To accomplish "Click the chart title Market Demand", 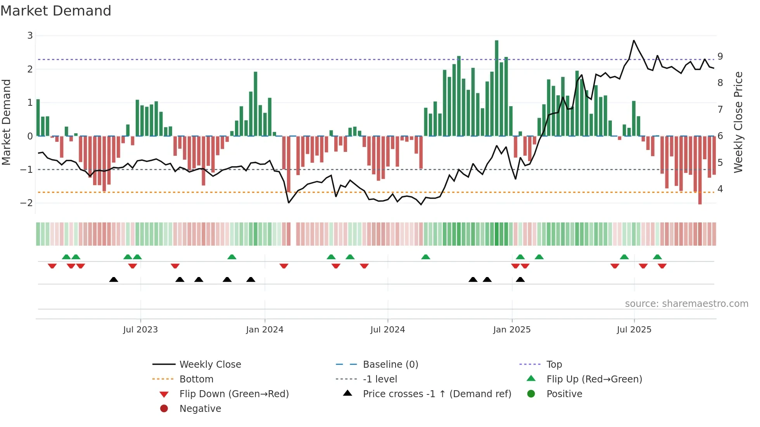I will pyautogui.click(x=56, y=11).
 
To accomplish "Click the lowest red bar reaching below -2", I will pyautogui.click(x=700, y=170).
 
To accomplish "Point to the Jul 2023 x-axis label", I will pyautogui.click(x=140, y=330).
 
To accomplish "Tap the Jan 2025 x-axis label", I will pyautogui.click(x=512, y=330).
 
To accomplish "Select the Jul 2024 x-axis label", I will pyautogui.click(x=387, y=330).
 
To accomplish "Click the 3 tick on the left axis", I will pyautogui.click(x=30, y=36).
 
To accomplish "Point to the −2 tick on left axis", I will pyautogui.click(x=27, y=203).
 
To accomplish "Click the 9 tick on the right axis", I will pyautogui.click(x=720, y=57).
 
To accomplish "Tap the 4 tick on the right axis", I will pyautogui.click(x=720, y=189).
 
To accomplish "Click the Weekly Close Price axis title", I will pyautogui.click(x=738, y=122).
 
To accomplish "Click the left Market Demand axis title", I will pyautogui.click(x=7, y=122).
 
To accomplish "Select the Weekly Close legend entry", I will pyautogui.click(x=210, y=364).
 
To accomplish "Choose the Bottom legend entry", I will pyautogui.click(x=196, y=379).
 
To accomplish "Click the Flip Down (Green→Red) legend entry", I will pyautogui.click(x=234, y=394).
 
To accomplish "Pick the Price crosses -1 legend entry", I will pyautogui.click(x=437, y=394).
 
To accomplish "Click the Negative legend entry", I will pyautogui.click(x=200, y=408).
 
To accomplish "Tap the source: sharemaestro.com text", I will pyautogui.click(x=686, y=304).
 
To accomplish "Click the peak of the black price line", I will pyautogui.click(x=634, y=41).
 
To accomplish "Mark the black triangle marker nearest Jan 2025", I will pyautogui.click(x=520, y=279).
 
